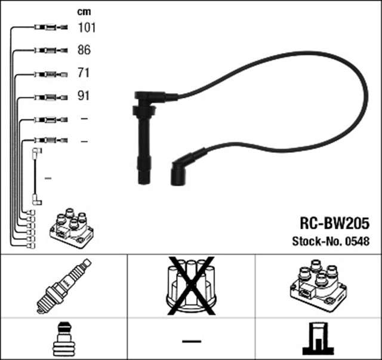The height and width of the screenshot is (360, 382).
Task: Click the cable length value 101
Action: pyautogui.click(x=87, y=27)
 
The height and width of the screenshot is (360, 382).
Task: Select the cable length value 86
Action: pyautogui.click(x=84, y=50)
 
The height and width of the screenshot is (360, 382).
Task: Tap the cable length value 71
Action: pyautogui.click(x=84, y=73)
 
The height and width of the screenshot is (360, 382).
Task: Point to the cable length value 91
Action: pyautogui.click(x=84, y=96)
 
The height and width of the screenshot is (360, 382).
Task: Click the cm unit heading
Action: pyautogui.click(x=84, y=11)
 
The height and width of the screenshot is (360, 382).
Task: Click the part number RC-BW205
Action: pyautogui.click(x=334, y=223)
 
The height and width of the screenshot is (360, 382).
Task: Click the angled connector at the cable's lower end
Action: pyautogui.click(x=180, y=170)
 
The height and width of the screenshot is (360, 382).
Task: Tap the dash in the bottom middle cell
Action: pyautogui.click(x=191, y=341)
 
